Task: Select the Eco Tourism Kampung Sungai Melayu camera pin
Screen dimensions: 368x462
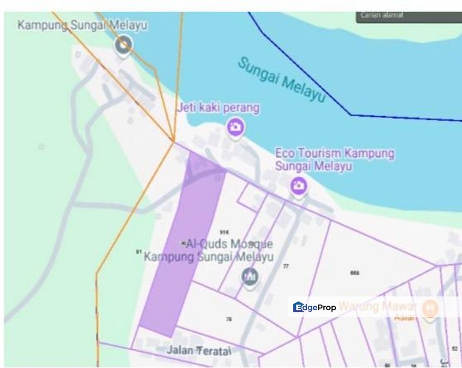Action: pos(298,186)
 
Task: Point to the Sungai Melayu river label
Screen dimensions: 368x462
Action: pos(281,80)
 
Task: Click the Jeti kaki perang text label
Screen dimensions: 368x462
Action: pos(218,108)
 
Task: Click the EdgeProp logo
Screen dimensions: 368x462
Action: pos(315,307)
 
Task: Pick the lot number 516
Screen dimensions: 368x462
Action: pos(224,232)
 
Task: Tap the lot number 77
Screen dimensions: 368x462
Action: pos(286,266)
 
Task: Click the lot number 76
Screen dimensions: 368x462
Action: pos(228,319)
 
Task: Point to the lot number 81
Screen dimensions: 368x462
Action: pos(138,251)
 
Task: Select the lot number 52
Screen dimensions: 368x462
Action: pos(454,349)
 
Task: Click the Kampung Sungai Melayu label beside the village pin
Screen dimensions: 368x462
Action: pos(82,25)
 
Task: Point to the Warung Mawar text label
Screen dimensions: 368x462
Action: pos(378,307)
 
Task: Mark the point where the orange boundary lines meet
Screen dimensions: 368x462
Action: pos(174,142)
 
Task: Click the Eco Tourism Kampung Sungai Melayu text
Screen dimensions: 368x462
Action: pos(335,159)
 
